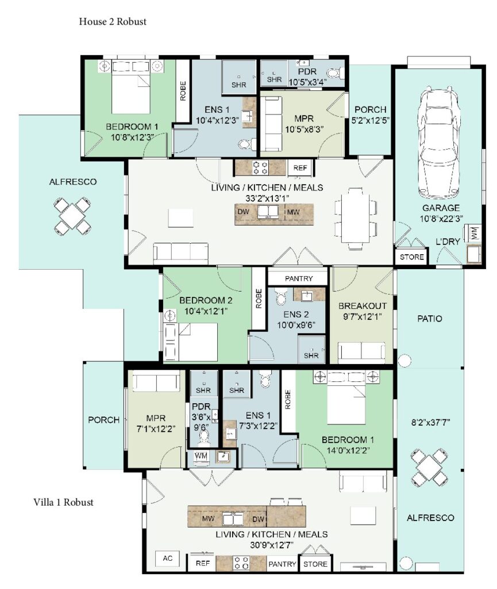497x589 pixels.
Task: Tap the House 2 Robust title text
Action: click(x=113, y=22)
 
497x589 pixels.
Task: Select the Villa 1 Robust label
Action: click(x=63, y=502)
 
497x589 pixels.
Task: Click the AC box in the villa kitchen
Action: click(x=168, y=559)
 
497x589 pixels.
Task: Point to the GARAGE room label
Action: click(x=441, y=208)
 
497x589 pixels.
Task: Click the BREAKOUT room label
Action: click(x=362, y=305)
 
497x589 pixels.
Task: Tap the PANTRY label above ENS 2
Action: click(x=299, y=278)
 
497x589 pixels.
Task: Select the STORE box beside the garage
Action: click(x=411, y=257)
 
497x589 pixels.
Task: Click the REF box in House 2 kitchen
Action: click(x=300, y=168)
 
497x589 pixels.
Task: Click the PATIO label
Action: click(x=430, y=318)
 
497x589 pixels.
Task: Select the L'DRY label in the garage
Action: click(x=448, y=242)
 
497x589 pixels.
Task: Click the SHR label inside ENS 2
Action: click(x=311, y=355)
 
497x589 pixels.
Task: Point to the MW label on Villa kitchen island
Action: click(x=207, y=518)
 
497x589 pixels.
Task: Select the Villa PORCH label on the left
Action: click(x=103, y=420)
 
